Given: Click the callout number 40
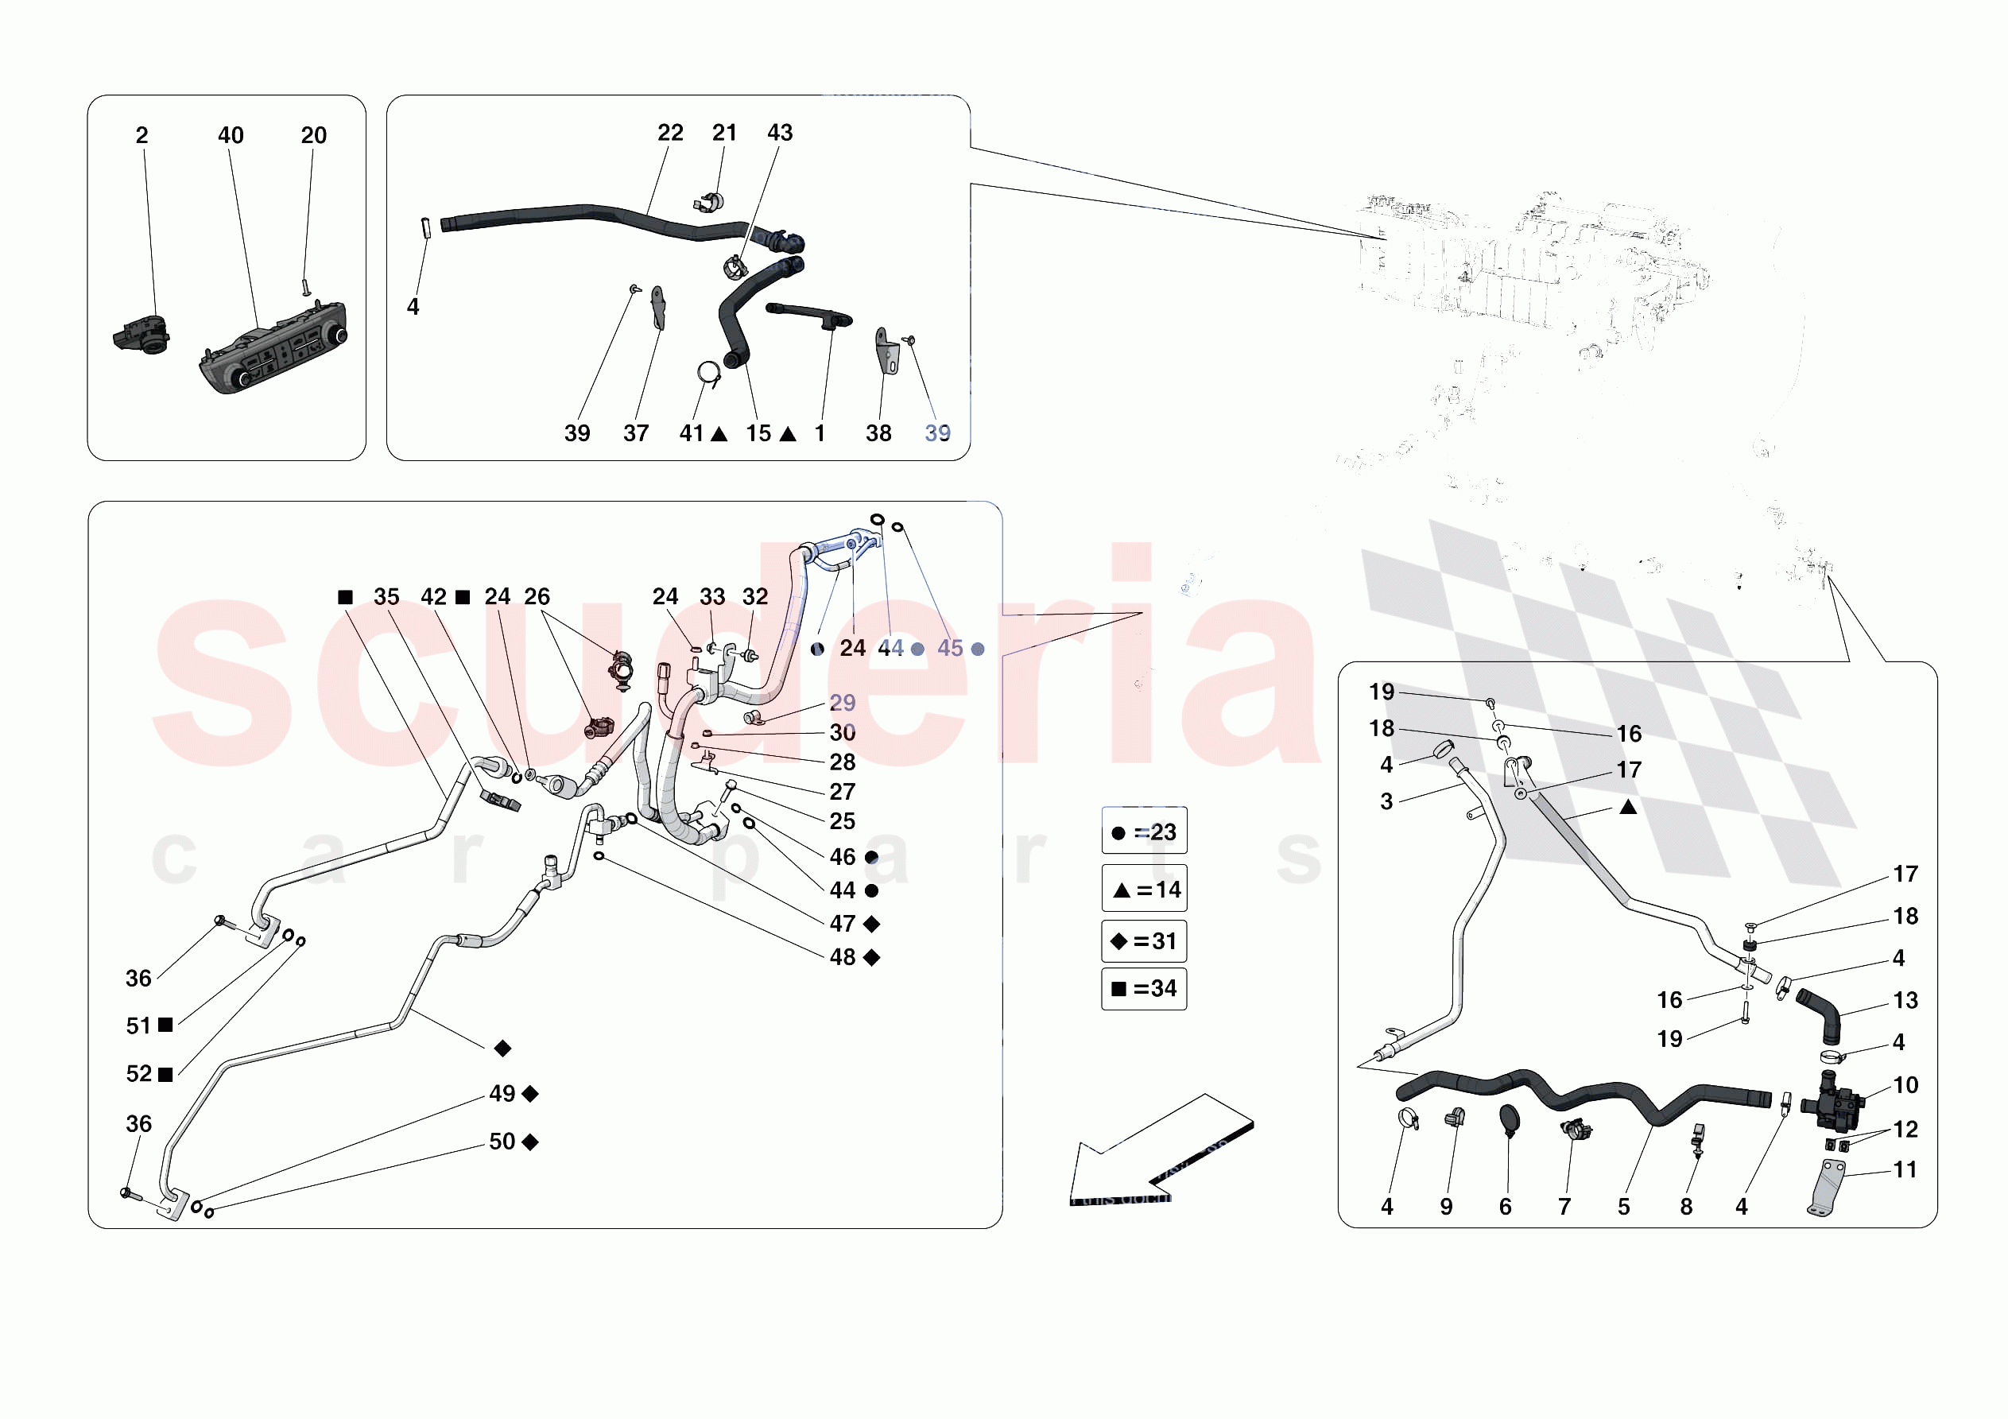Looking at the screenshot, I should point(231,136).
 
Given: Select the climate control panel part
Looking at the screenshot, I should point(273,349).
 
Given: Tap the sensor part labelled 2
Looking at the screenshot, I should point(141,335).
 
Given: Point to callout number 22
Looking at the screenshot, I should point(670,133).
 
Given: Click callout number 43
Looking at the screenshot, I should point(779,133).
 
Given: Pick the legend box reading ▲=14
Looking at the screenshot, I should point(1143,889).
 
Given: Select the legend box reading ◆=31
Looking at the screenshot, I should point(1143,941).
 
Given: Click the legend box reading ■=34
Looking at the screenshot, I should point(1143,989).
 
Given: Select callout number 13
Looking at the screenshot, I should point(1905,1001).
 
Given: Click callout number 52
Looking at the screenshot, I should point(139,1074).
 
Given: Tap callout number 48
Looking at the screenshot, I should point(842,958).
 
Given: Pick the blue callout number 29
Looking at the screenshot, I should point(842,704).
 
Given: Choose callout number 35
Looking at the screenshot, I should point(386,597).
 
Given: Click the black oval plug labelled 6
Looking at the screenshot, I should point(1510,1120).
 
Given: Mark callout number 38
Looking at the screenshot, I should point(878,433).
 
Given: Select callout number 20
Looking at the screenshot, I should point(313,136).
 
